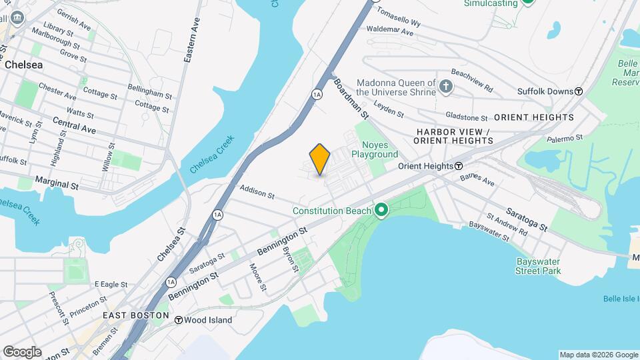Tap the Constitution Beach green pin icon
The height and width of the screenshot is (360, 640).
coord(381,211)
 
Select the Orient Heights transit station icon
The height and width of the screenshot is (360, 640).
coord(459,166)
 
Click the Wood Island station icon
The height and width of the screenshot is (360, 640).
coord(179,320)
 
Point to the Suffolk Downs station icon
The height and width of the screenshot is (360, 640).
coord(579,91)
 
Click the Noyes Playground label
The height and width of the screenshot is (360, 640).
coord(379,149)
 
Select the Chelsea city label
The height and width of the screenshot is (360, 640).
coord(23,65)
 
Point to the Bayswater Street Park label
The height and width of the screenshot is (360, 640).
coord(538,266)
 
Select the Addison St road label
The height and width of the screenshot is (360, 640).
coord(257,193)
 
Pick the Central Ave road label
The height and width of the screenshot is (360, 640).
coord(75,125)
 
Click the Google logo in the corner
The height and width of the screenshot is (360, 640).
coord(22,351)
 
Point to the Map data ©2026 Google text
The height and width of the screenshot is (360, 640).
coord(598,355)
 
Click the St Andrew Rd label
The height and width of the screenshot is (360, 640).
coord(507,225)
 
